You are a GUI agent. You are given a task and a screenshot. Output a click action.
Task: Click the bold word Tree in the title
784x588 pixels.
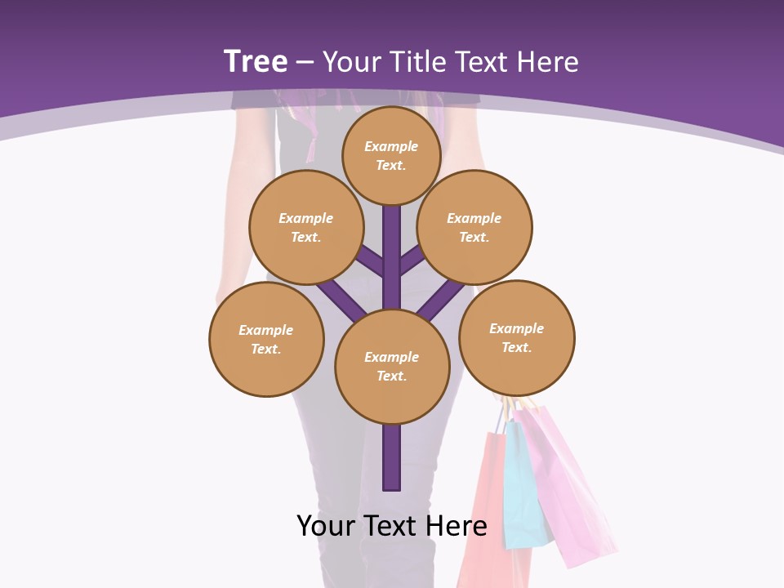pos(256,62)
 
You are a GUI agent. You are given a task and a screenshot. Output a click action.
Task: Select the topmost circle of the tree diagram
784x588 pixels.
pos(391,155)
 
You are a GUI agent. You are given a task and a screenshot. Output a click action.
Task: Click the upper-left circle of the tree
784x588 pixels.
pos(306,228)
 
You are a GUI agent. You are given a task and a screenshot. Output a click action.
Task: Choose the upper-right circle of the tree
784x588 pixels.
pos(474,228)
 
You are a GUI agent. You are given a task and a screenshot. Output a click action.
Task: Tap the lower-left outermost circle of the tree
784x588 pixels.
pos(266,340)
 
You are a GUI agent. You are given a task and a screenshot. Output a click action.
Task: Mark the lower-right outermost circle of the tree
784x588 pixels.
pos(517,338)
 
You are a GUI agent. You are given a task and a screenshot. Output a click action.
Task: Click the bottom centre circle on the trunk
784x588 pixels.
pos(392,367)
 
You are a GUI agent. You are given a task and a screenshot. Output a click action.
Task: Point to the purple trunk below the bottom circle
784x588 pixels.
pos(392,457)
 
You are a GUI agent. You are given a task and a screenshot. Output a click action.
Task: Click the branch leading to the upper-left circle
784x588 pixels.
pos(371,263)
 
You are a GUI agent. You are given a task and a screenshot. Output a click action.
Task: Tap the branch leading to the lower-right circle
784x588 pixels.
pos(445,297)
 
